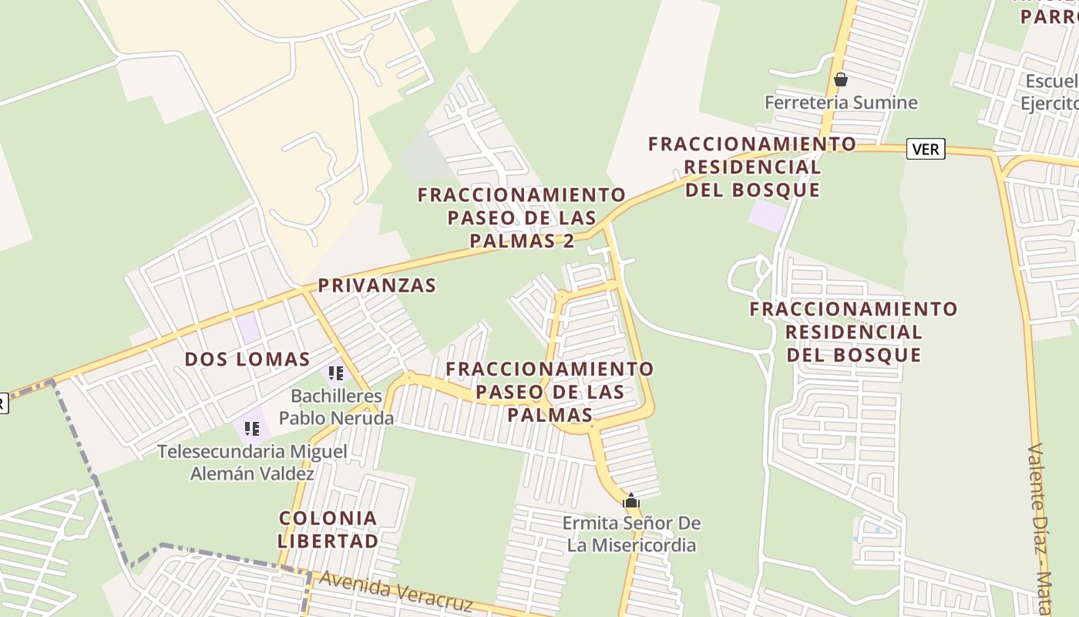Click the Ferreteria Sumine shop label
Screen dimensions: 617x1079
tap(841, 103)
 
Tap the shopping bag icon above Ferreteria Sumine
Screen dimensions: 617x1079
tap(841, 79)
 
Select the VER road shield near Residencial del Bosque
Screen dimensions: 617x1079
tap(926, 149)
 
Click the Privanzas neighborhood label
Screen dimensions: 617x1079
tap(377, 285)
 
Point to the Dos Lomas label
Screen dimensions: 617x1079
tap(247, 359)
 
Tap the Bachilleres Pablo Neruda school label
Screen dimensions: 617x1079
tap(336, 407)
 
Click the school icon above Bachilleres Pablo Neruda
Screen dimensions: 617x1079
tap(335, 375)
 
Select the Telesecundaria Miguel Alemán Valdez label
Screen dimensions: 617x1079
tap(252, 462)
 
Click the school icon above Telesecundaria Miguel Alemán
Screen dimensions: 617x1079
tap(251, 428)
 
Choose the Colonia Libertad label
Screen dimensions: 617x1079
tap(328, 529)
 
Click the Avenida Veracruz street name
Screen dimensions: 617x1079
tap(395, 591)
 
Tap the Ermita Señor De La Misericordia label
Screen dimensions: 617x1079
tap(631, 534)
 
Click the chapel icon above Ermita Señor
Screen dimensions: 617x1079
tap(631, 501)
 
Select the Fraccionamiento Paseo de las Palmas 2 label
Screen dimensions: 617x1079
tap(522, 217)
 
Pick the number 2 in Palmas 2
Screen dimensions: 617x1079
tap(569, 241)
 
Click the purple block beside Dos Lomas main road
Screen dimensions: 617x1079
tap(248, 329)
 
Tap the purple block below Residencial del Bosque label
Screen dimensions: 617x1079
tap(767, 215)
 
